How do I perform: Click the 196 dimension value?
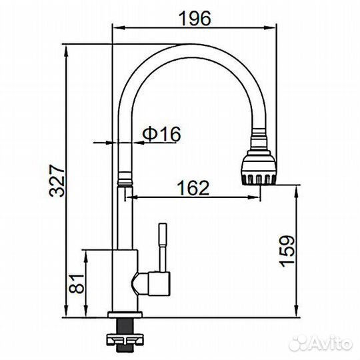tap(195, 19)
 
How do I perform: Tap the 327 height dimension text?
tap(57, 181)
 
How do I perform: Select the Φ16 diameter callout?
tap(161, 134)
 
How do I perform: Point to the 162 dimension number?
tap(193, 188)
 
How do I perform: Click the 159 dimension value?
tap(287, 251)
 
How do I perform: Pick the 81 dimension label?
tap(77, 284)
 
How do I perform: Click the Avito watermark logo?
tap(321, 344)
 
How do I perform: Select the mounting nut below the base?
tap(125, 339)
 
